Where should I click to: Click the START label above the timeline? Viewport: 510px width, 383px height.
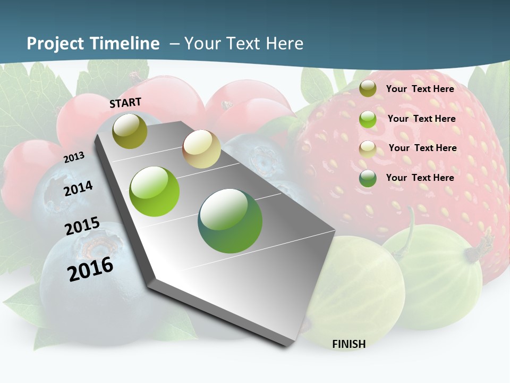click(125, 103)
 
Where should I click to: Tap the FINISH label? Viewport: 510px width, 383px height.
click(348, 344)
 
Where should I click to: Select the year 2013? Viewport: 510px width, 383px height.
click(74, 157)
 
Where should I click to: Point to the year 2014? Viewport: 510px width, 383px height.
click(78, 188)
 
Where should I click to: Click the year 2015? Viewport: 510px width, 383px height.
click(82, 226)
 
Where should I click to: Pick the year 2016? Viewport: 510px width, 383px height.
click(90, 269)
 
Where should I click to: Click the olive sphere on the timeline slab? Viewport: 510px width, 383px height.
click(130, 131)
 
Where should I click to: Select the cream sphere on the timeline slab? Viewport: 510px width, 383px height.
click(201, 149)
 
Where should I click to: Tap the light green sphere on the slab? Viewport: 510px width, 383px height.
click(155, 191)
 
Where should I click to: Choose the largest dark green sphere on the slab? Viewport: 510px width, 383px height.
click(230, 221)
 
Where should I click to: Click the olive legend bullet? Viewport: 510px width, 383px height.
click(368, 89)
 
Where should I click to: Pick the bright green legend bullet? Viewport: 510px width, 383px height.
click(368, 119)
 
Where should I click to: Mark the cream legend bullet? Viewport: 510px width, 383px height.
click(368, 149)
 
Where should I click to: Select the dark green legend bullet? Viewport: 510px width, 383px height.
click(368, 178)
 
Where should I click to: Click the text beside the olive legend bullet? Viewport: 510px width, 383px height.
click(420, 89)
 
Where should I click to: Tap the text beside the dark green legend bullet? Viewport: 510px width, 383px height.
click(420, 178)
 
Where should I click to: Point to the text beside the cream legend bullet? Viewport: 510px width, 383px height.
click(422, 148)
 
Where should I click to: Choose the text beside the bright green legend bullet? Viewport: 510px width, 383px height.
click(421, 119)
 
